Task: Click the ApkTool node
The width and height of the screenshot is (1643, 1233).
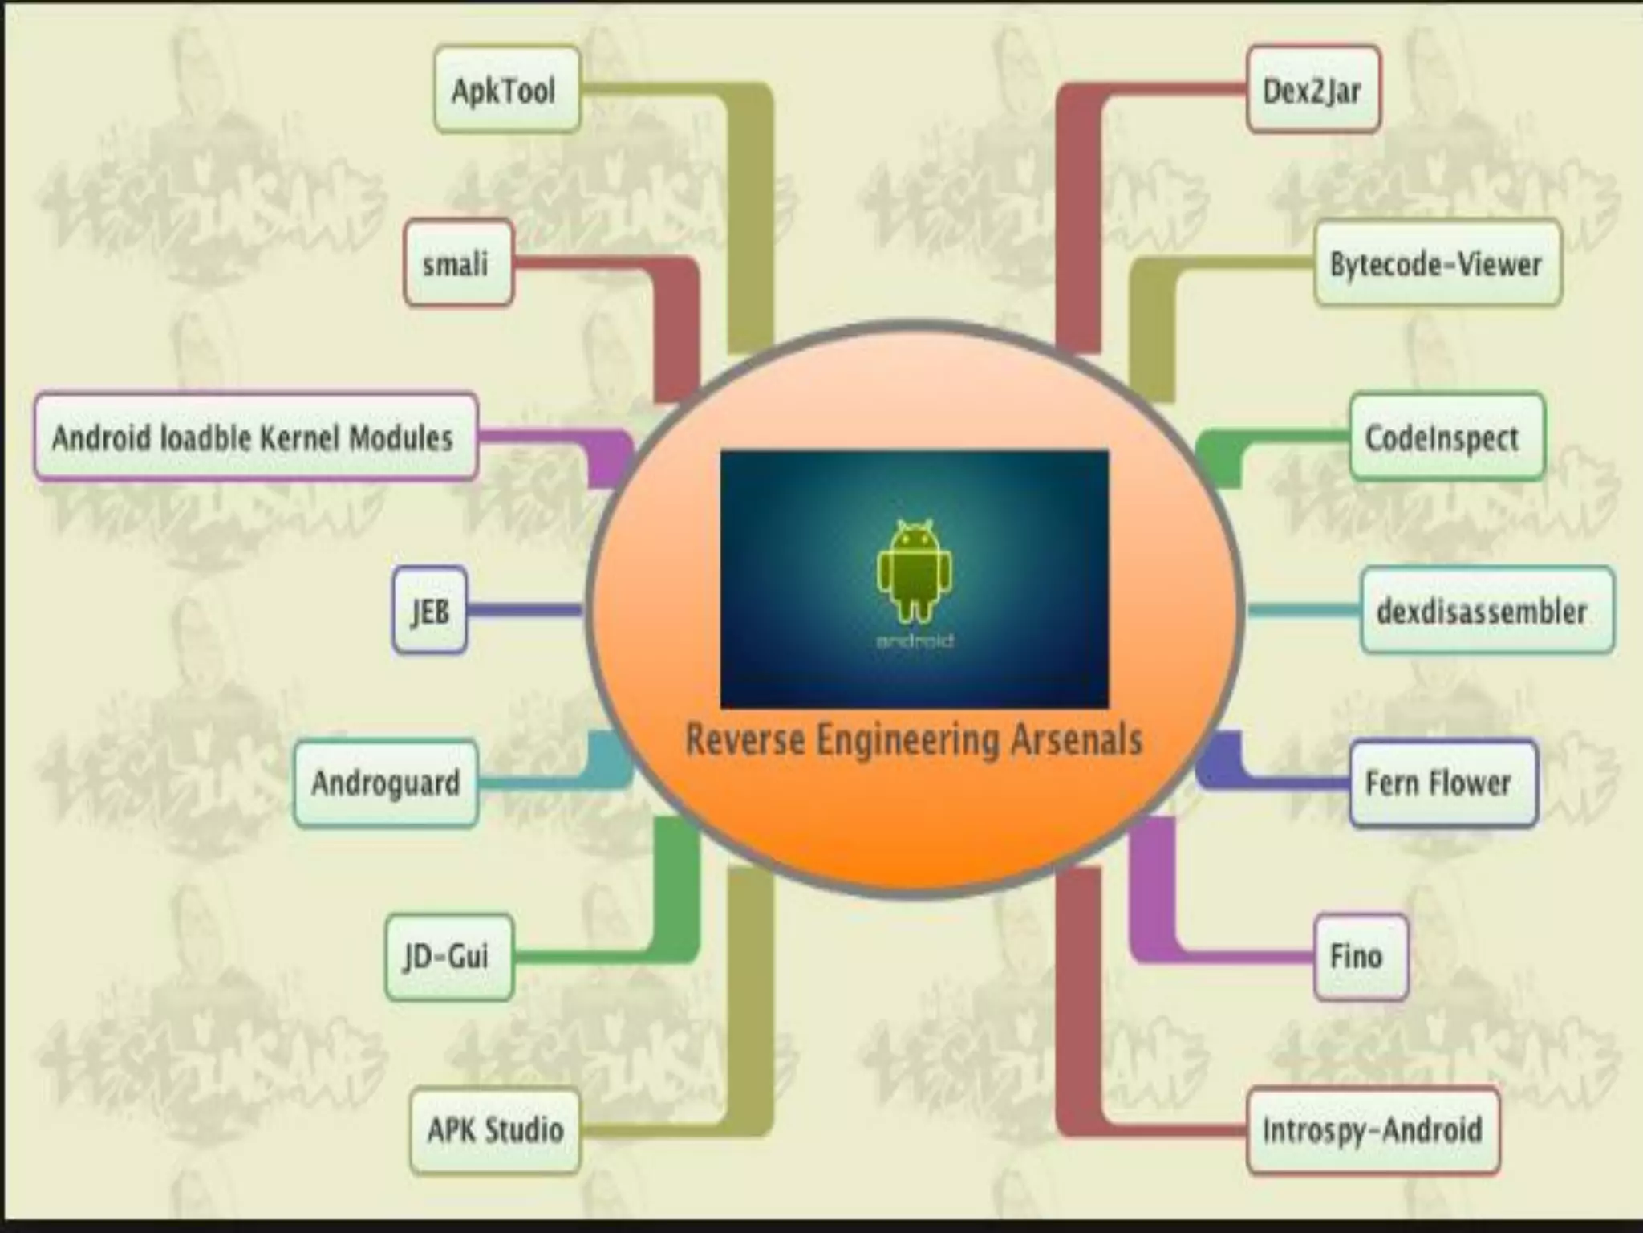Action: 506,90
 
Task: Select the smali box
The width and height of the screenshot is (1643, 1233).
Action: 457,264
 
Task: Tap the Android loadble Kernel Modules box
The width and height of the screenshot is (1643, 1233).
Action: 255,437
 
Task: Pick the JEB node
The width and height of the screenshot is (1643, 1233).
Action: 430,611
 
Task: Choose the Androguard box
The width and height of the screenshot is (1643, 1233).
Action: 386,783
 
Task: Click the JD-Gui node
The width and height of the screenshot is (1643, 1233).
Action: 448,956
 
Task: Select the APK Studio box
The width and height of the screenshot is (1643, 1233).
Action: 495,1130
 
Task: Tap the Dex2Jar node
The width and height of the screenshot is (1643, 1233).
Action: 1312,90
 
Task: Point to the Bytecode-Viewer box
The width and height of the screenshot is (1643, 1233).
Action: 1437,264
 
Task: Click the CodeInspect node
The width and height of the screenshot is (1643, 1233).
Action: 1446,437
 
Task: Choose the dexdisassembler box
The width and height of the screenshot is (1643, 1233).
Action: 1486,611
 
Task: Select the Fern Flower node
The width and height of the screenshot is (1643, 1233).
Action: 1442,783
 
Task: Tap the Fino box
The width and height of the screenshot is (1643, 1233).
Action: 1360,956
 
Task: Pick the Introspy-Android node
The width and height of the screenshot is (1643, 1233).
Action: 1373,1130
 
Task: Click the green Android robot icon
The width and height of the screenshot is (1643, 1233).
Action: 915,570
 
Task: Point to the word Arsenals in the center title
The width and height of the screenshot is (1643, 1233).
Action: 1076,740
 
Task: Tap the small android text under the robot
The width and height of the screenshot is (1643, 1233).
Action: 915,641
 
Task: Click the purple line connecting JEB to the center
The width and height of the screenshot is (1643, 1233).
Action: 525,611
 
